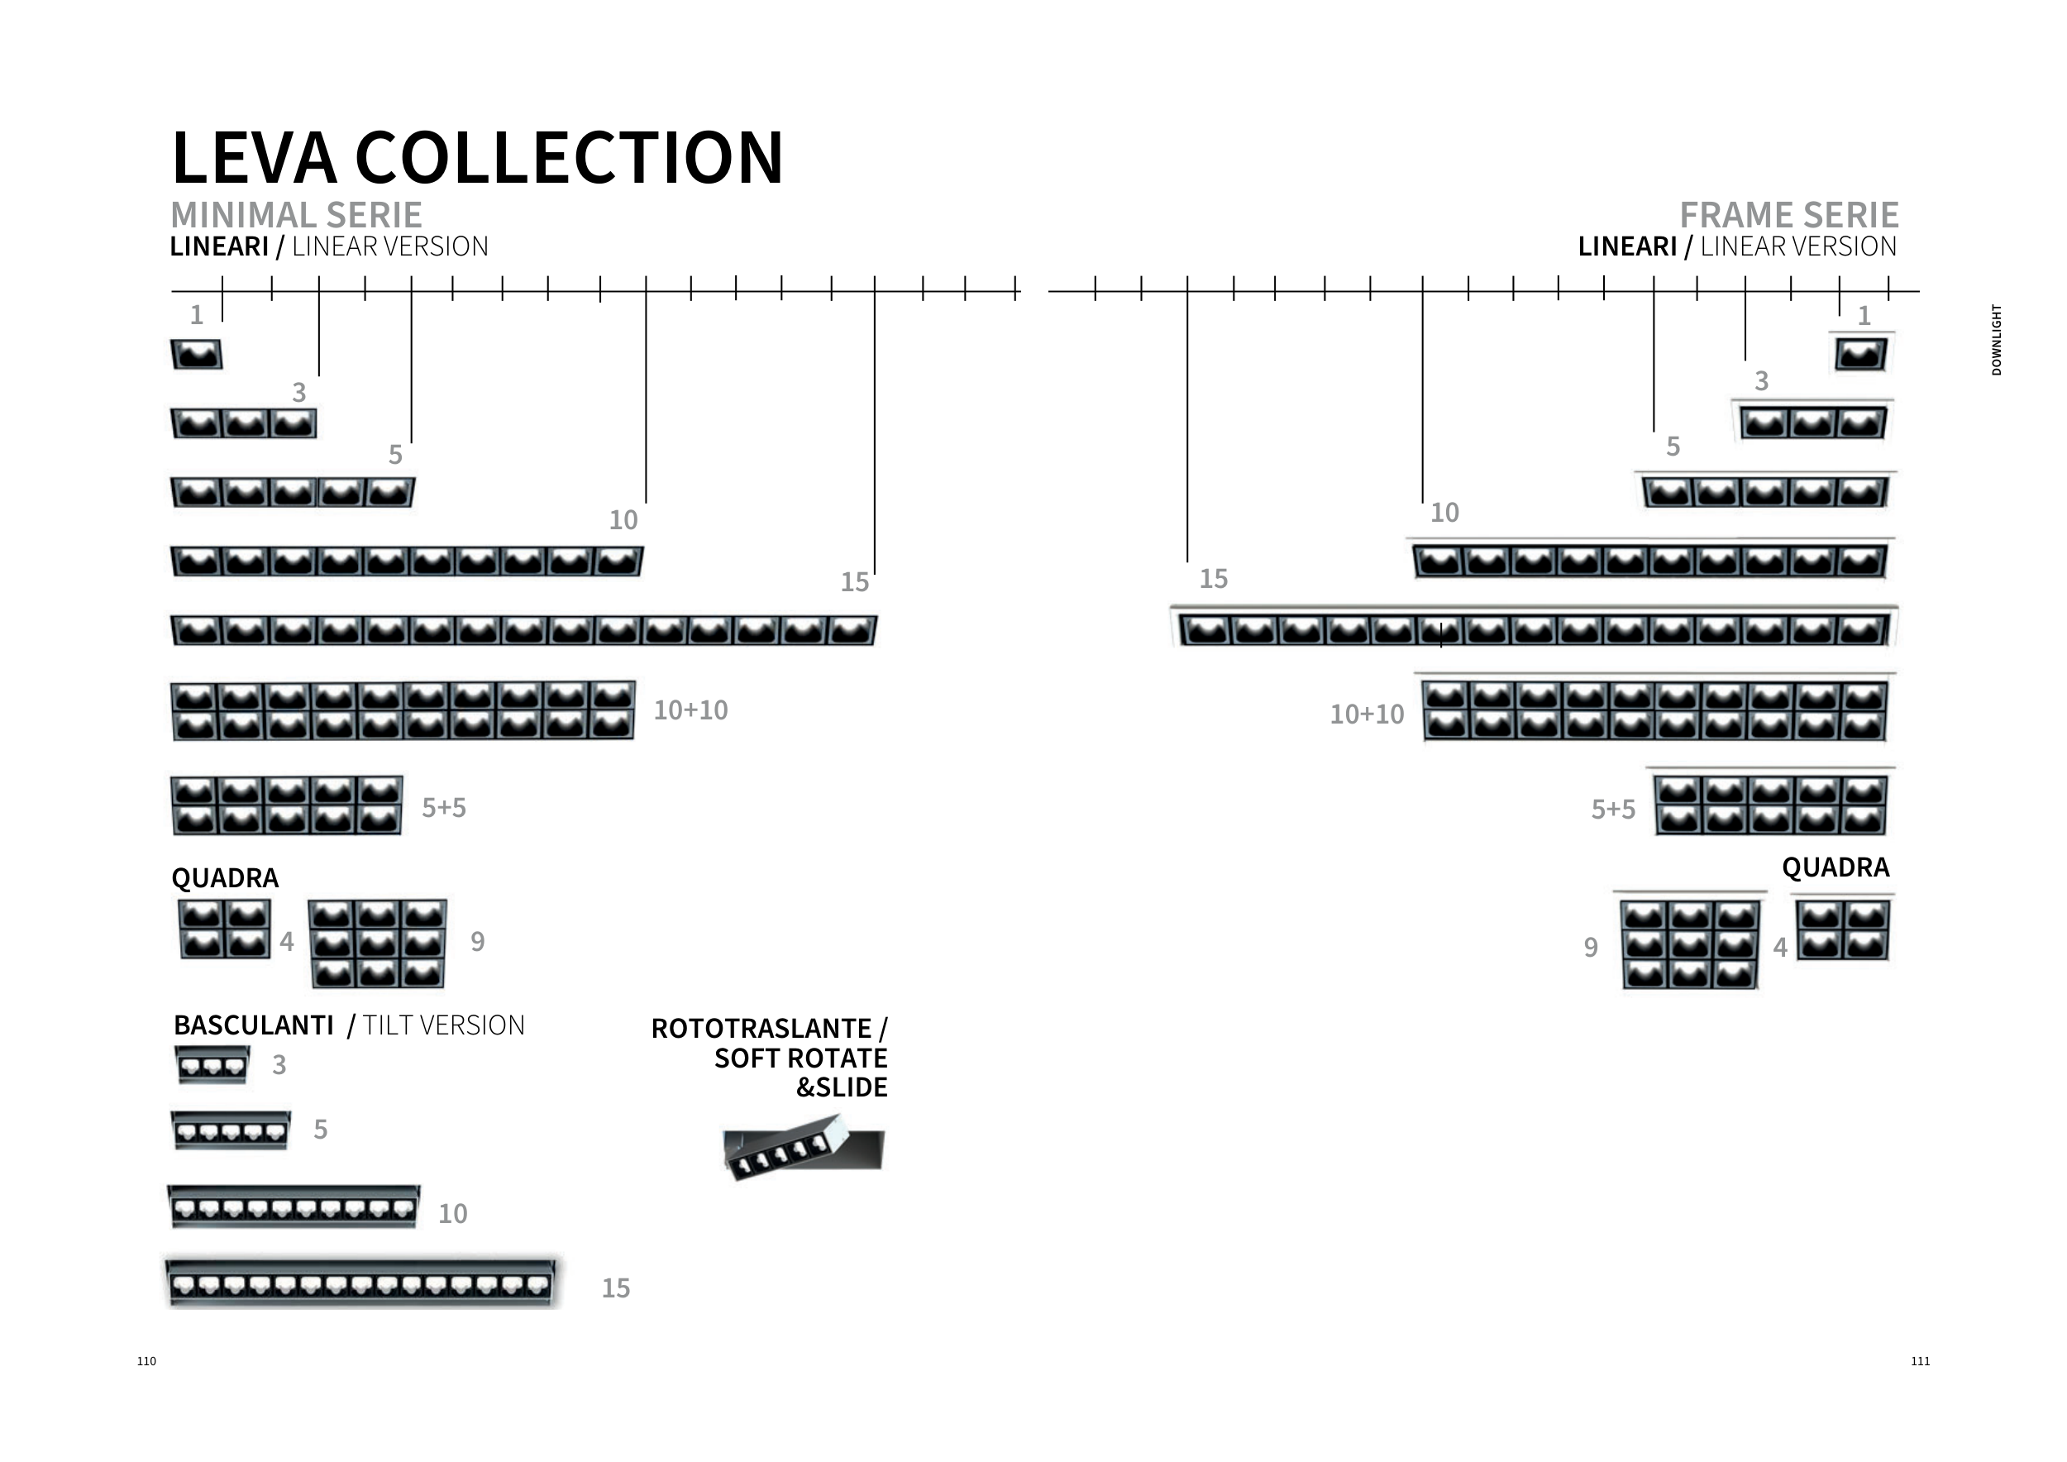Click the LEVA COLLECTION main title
pos(477,158)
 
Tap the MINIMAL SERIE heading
pos(296,215)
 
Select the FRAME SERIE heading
pos(1789,215)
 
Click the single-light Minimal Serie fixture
pos(196,354)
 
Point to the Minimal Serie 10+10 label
pos(690,710)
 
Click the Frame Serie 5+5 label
pos(1613,810)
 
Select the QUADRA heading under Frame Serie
pos(1835,867)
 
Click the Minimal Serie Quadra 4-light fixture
pos(224,929)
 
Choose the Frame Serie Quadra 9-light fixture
pos(1689,944)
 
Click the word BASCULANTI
pos(253,1025)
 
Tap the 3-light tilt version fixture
pos(212,1065)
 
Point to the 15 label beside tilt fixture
pos(616,1288)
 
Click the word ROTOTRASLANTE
pos(761,1028)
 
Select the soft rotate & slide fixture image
pos(803,1148)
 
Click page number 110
pos(146,1361)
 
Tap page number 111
pos(1921,1361)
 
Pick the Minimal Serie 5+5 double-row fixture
pos(287,805)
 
